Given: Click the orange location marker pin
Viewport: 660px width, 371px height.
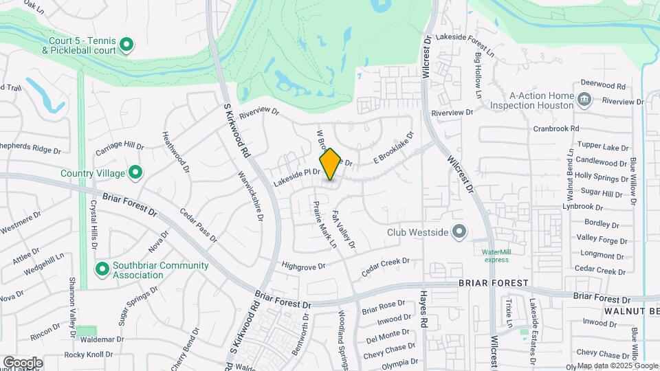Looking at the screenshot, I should coord(330,164).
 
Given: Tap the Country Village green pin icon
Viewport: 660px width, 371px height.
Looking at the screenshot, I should coord(135,172).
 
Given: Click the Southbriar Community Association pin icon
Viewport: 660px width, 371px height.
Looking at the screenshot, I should coord(102,268).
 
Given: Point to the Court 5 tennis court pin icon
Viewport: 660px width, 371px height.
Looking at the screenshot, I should coord(126,45).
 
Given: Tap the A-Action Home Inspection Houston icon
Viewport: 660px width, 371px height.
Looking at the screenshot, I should coord(584,100).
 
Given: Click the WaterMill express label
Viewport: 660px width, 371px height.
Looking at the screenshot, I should coord(496,256).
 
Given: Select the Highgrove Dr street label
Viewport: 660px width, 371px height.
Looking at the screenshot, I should coord(302,265).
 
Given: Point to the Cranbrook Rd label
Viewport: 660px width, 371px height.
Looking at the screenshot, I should coord(556,128).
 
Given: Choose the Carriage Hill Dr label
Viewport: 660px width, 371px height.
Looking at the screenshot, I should coord(120,146).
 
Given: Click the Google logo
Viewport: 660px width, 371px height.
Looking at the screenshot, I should coord(23,362).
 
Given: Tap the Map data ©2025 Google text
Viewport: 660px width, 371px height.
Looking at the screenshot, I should coord(617,366).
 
